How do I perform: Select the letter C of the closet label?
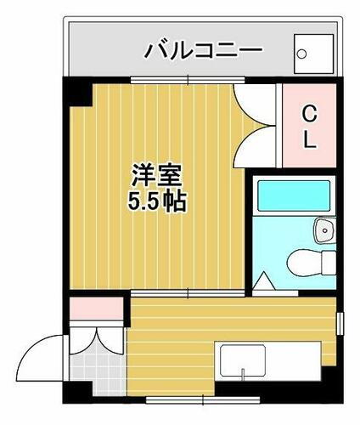(310, 112)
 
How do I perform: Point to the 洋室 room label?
(155, 178)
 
